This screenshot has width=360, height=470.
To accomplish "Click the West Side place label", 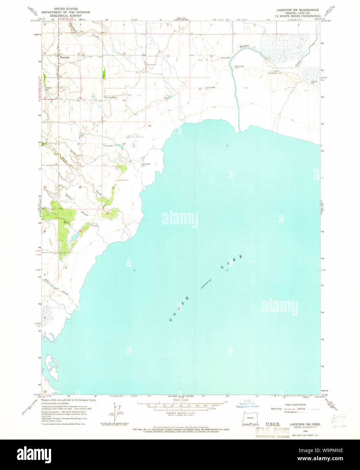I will click(x=65, y=57).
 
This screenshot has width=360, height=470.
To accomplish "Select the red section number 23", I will click(x=149, y=126).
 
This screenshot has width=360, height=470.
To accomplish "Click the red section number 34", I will click(x=108, y=213).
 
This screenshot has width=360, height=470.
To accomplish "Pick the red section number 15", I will click(x=124, y=100).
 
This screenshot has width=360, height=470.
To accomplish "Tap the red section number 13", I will click(x=200, y=89).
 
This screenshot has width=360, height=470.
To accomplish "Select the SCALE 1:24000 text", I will click(x=181, y=400).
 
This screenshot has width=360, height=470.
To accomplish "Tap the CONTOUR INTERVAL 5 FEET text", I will click(x=181, y=413).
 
